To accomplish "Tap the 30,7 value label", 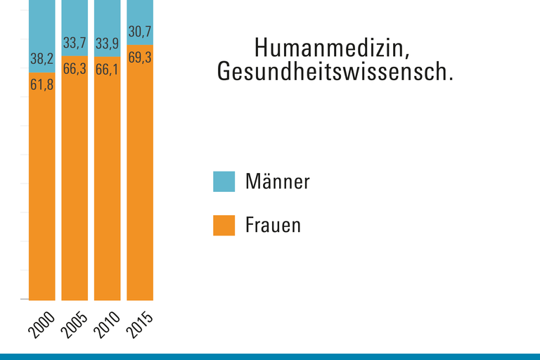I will click(x=140, y=32).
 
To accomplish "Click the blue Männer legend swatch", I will click(x=224, y=181).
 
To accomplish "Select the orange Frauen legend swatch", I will click(x=224, y=226).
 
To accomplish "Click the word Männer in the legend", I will click(x=278, y=181).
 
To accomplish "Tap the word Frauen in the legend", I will click(x=274, y=226).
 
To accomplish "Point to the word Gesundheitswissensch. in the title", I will click(x=335, y=72).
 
